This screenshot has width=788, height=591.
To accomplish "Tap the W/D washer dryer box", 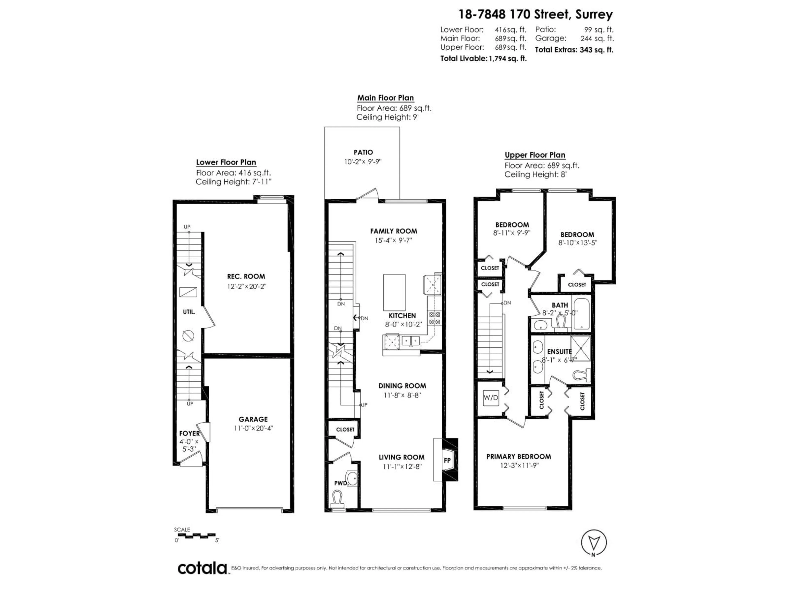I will [x=490, y=397].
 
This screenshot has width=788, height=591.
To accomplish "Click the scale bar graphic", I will [x=195, y=535].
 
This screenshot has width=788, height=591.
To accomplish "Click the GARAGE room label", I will [x=253, y=419].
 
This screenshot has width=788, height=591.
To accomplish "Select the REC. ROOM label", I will [x=246, y=276].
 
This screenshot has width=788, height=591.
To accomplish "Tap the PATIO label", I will [x=363, y=152].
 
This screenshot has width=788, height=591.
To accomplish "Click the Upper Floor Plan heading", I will [x=535, y=155].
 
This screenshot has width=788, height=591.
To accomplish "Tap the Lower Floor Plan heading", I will [x=226, y=162].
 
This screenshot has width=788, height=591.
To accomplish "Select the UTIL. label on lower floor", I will [x=189, y=312].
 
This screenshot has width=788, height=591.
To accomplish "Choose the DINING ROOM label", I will [x=402, y=386].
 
